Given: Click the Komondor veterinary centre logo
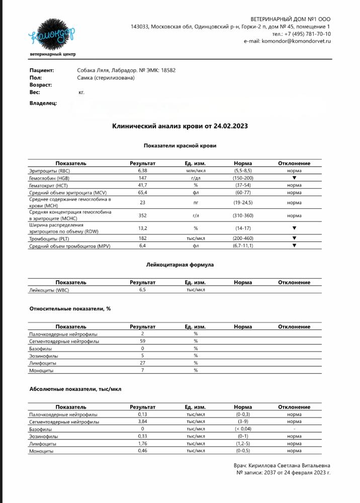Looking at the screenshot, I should pyautogui.click(x=52, y=35).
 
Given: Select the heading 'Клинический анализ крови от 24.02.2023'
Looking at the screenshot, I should pyautogui.click(x=179, y=126).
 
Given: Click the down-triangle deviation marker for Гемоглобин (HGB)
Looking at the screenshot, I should pyautogui.click(x=294, y=178).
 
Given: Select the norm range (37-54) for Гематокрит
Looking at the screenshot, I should pyautogui.click(x=243, y=186).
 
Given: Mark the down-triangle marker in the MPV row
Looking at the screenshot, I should pyautogui.click(x=294, y=245).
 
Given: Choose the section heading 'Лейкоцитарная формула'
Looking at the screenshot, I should pyautogui.click(x=179, y=265).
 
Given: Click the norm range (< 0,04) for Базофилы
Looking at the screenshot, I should pyautogui.click(x=243, y=429).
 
